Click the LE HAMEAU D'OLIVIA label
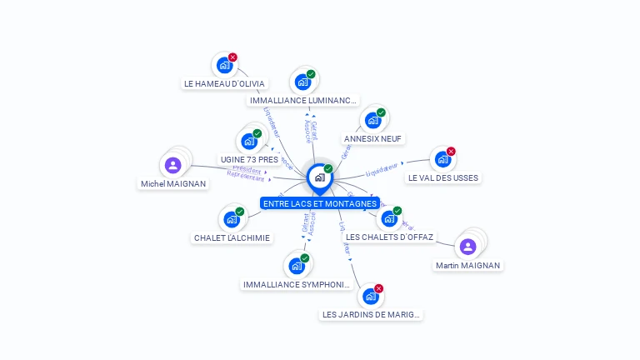[x=224, y=83]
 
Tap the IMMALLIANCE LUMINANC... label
[x=303, y=100]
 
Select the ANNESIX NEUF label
[x=374, y=138]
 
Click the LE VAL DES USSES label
[x=443, y=177]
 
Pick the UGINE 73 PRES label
[x=249, y=159]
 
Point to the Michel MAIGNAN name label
[x=173, y=183]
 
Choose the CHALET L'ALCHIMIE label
[x=232, y=237]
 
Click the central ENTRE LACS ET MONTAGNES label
[x=320, y=203]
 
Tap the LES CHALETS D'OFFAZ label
[x=390, y=237]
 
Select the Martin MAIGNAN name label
[x=468, y=265]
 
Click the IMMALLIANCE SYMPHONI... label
[x=297, y=284]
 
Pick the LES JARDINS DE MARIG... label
[x=372, y=314]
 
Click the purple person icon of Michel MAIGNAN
[x=172, y=164]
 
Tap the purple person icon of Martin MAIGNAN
[x=467, y=246]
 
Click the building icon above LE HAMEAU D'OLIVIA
[x=223, y=65]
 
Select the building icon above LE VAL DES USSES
[x=442, y=158]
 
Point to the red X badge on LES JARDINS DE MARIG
[x=379, y=288]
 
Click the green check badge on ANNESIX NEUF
[x=381, y=112]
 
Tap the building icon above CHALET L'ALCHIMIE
[x=231, y=219]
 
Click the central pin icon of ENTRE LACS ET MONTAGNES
[x=319, y=177]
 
